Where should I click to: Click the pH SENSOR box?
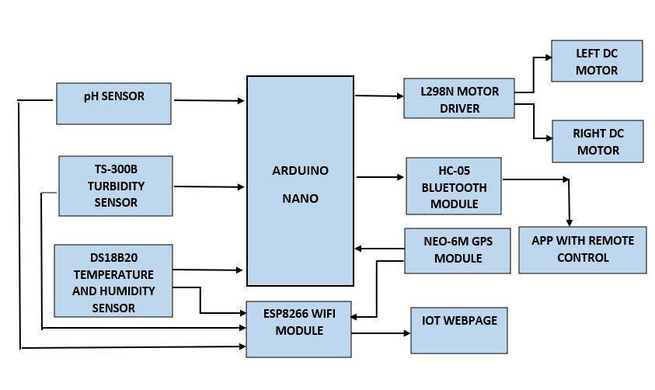coord(113,103)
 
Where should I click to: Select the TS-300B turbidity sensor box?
coord(116,186)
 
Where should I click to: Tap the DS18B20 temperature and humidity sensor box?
coord(113,280)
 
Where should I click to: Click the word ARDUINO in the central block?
coord(301,170)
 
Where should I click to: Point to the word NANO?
coord(301,198)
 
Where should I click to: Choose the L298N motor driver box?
coord(459,98)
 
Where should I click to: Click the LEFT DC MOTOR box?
coord(597,61)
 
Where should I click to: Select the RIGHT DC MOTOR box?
coord(598,141)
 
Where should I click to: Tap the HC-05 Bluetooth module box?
coord(454,186)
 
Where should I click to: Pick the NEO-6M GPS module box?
coord(458,250)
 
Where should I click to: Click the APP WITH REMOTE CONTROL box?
coord(583,250)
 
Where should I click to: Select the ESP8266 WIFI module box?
coord(298,329)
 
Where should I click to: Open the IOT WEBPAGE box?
coord(459,331)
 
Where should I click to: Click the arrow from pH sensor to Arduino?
coord(209,100)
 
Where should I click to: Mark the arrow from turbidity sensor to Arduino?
coord(209,186)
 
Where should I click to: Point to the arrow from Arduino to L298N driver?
coord(379,96)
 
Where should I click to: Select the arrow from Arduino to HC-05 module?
coord(380,177)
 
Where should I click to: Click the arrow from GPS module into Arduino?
coord(379,249)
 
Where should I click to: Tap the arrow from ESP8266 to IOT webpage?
coord(381,333)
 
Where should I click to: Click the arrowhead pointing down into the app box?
coord(569,222)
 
